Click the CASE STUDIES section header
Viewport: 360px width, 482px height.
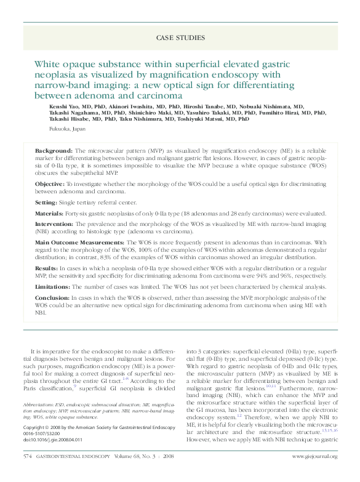click(x=180, y=38)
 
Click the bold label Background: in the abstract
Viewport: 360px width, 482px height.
click(x=54, y=151)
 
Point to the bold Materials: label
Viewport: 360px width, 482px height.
click(x=50, y=214)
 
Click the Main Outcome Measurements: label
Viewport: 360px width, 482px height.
click(x=81, y=243)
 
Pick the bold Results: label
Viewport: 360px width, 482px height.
click(x=47, y=269)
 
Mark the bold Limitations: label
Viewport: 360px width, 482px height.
click(x=53, y=287)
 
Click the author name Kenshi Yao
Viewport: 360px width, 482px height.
click(x=62, y=106)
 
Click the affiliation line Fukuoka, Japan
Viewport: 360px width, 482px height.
click(x=68, y=130)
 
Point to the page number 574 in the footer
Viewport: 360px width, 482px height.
click(x=27, y=456)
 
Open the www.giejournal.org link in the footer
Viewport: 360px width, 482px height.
click(x=314, y=456)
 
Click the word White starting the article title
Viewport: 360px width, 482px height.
click(x=47, y=64)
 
